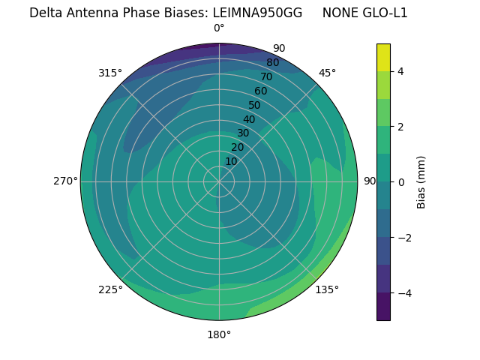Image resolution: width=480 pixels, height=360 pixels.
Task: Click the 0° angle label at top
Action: point(219,28)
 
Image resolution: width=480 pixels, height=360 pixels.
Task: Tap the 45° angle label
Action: point(327,73)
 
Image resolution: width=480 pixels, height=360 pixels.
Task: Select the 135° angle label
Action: point(327,289)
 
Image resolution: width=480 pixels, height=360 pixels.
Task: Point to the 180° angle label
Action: point(219,334)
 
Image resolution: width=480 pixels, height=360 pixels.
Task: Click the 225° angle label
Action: point(110,289)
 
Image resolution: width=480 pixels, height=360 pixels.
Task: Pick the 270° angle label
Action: point(65,181)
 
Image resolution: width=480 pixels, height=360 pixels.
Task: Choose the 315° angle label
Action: point(110,73)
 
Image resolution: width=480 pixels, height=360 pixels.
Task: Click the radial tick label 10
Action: point(231,161)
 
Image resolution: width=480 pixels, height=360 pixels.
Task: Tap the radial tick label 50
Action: point(254,105)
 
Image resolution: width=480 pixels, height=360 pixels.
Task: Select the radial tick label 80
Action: point(272,62)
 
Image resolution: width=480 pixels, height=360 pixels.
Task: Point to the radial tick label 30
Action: point(243,133)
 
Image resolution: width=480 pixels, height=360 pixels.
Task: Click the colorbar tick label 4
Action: point(401,71)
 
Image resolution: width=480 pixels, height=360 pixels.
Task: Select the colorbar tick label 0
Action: point(401,181)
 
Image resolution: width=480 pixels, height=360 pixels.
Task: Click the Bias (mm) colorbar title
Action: point(421,181)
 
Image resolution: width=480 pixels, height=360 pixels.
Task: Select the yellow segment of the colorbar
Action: point(383,57)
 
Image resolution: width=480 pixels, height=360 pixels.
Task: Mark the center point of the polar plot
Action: point(219,181)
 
